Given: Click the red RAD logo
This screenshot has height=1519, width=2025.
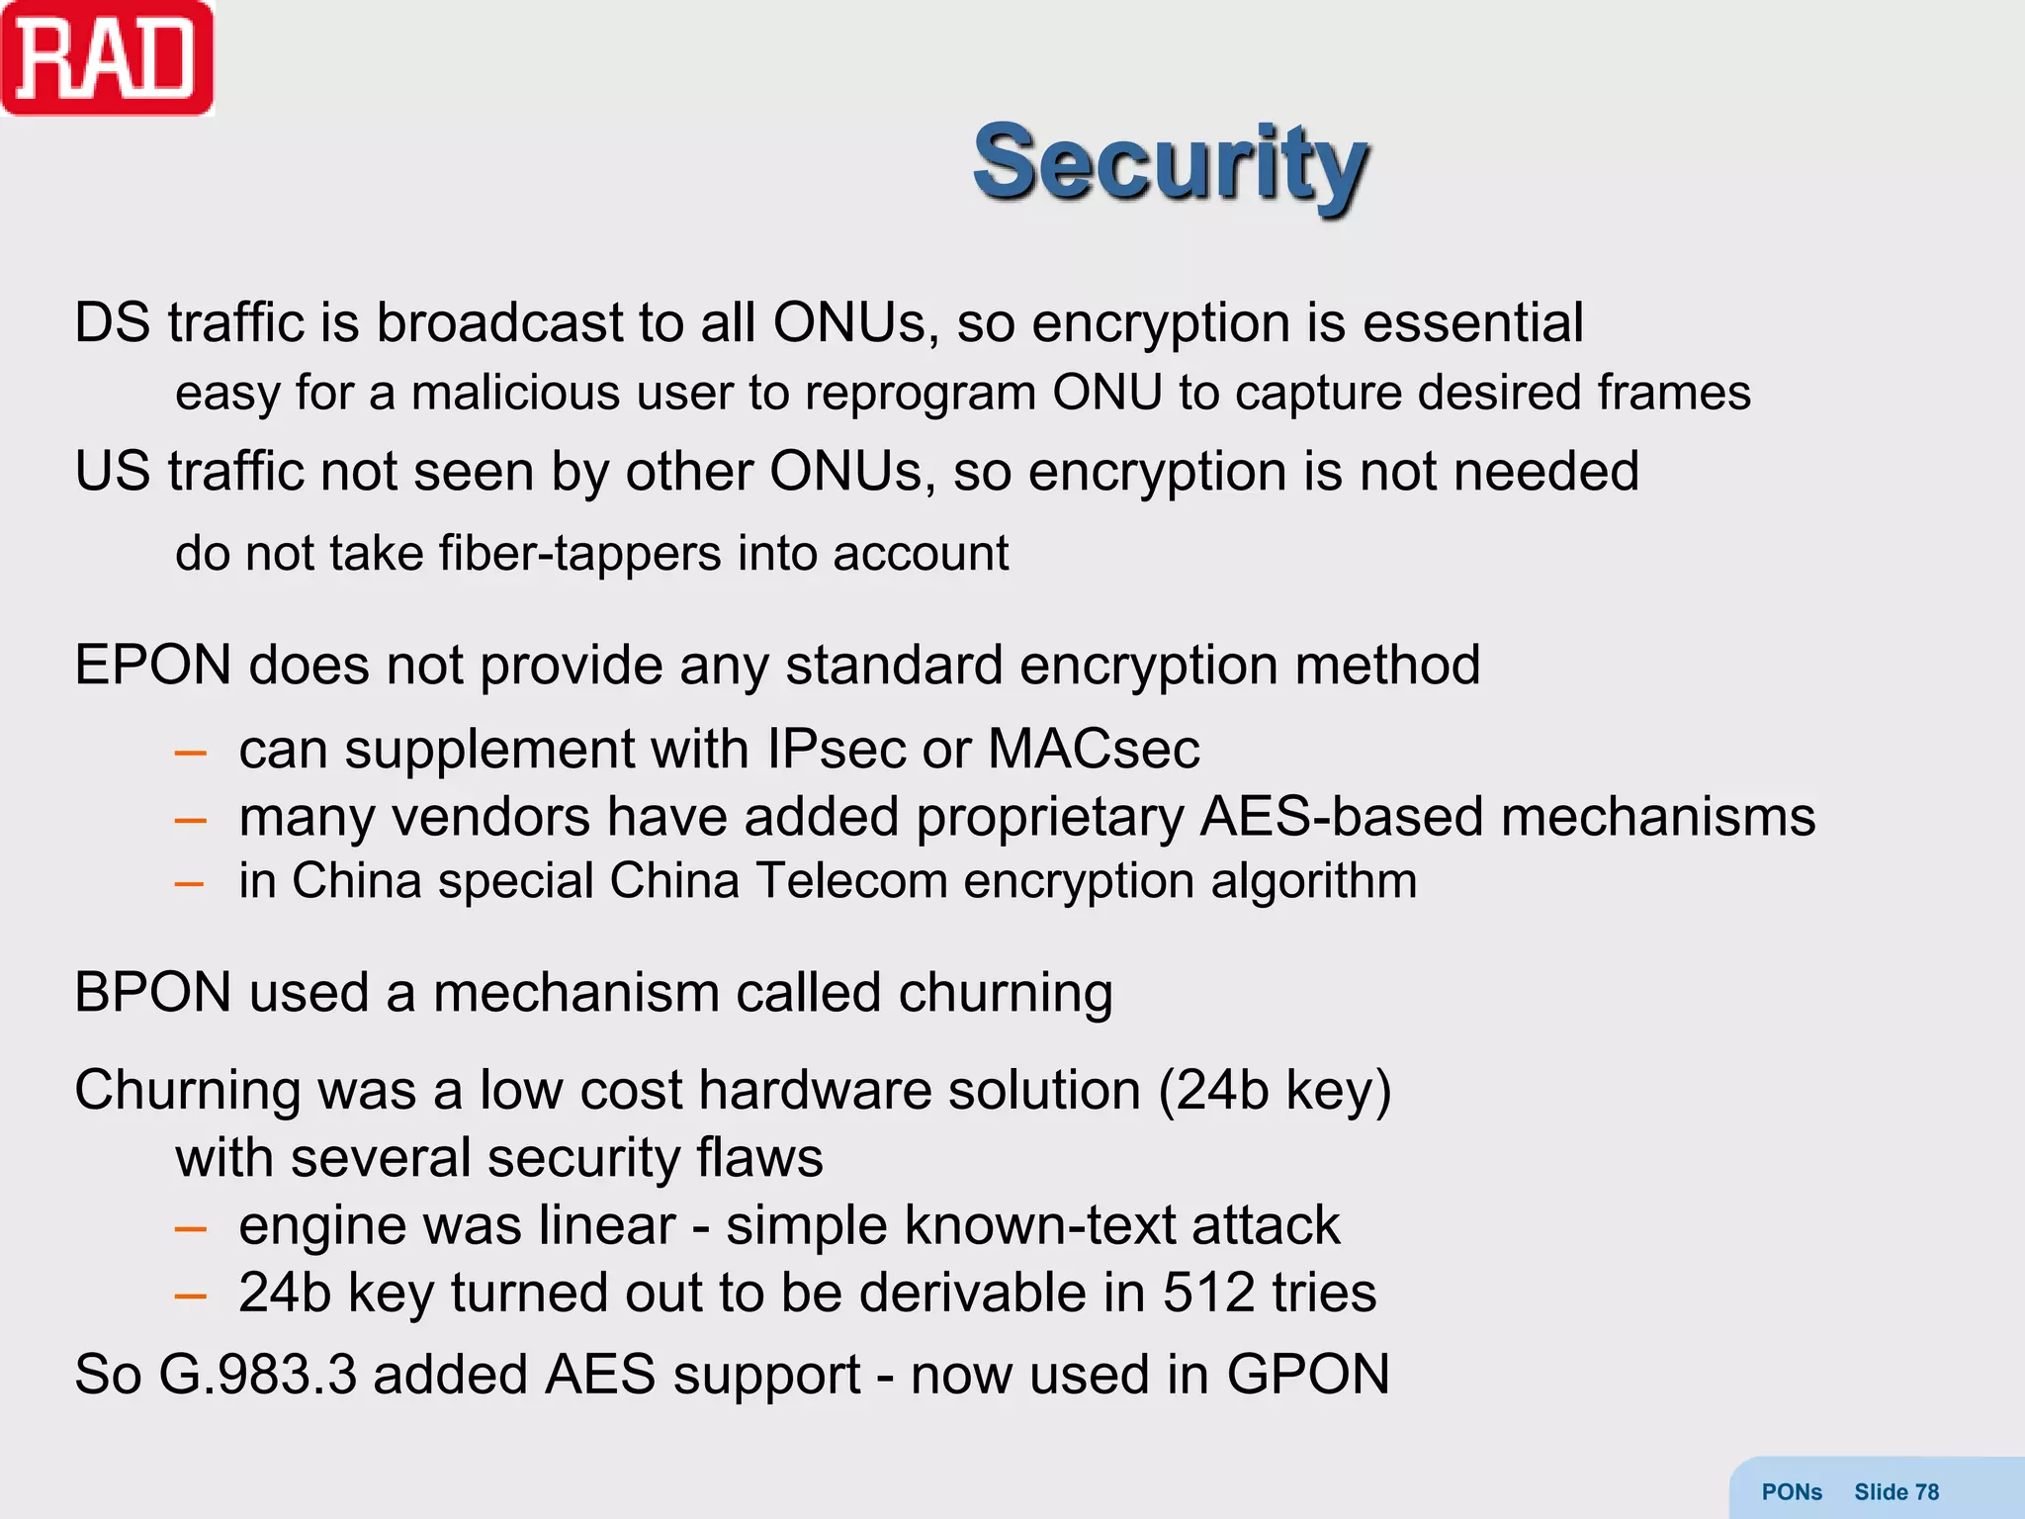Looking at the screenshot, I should [x=107, y=58].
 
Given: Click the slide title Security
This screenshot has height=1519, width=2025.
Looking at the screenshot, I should [x=1171, y=163].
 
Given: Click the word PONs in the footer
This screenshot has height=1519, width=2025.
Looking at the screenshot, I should [x=1792, y=1491].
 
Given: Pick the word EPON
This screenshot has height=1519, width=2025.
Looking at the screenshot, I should [x=152, y=665].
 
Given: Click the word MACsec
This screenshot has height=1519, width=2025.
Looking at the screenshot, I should [x=1094, y=749].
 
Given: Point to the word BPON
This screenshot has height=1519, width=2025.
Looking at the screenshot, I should [x=152, y=992].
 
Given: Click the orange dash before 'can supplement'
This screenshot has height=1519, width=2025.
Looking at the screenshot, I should [x=190, y=754].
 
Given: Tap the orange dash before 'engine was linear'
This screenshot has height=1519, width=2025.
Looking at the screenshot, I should [x=190, y=1229].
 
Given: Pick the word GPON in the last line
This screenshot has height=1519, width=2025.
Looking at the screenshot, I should [x=1308, y=1375].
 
